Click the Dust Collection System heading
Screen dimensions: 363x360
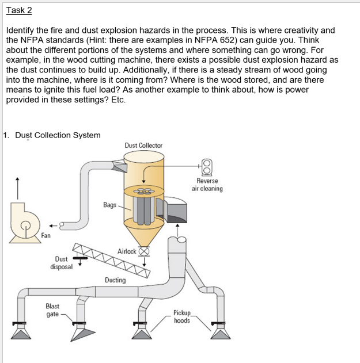coord(58,135)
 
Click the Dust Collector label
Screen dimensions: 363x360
coord(143,146)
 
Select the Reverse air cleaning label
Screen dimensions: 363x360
coord(207,185)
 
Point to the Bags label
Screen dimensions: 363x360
coord(109,204)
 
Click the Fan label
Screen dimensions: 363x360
coord(46,235)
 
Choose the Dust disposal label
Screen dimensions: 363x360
coord(61,263)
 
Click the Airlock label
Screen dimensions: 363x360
coord(127,251)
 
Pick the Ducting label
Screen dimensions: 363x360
coord(115,280)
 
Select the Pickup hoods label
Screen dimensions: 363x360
coord(182,317)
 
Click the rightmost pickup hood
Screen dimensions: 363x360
coord(220,331)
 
